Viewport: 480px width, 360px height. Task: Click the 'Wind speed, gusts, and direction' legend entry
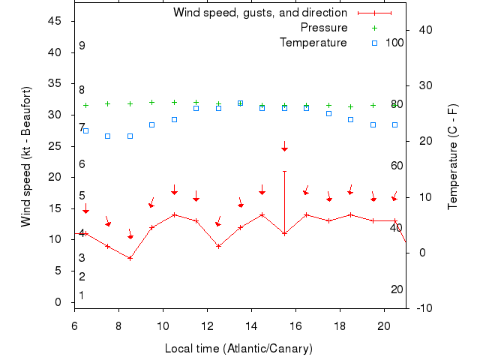[x=259, y=13]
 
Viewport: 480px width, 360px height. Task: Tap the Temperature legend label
[x=313, y=43]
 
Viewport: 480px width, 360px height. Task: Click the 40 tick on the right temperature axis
[x=422, y=30]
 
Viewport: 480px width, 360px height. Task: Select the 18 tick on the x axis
[x=340, y=326]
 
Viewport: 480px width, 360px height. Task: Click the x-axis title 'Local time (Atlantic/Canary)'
[x=238, y=349]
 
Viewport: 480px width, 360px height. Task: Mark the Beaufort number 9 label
[x=82, y=46]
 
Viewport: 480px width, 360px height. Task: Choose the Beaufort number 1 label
[x=82, y=295]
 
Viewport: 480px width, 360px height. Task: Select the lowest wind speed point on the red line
[x=130, y=258]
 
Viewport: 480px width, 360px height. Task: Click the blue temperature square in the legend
[x=375, y=43]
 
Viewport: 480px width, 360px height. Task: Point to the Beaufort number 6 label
[x=82, y=164]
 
